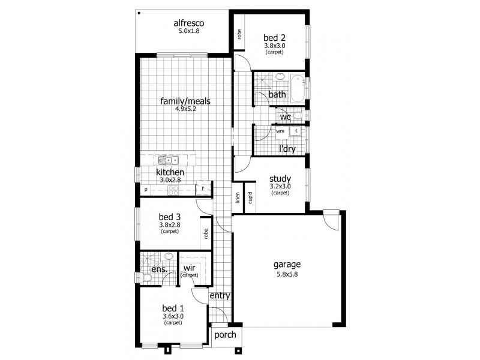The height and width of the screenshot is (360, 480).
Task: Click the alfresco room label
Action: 189,23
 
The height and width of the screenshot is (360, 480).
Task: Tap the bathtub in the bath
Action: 297,88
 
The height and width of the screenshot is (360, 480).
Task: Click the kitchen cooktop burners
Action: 173,190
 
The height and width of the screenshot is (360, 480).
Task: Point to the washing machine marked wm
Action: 280,131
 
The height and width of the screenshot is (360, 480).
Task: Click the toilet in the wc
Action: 297,116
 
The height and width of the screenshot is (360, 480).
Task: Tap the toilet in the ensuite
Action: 146,278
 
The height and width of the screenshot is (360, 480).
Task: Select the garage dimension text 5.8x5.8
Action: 287,274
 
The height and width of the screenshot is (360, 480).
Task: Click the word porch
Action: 226,335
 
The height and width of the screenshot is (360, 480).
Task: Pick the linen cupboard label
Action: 238,198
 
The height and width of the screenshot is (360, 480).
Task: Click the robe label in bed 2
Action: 239,34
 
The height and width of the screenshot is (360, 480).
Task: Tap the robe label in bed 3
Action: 206,234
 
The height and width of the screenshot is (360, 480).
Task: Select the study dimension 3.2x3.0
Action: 280,186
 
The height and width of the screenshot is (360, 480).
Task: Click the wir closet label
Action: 189,268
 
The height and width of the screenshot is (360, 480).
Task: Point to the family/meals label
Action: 185,101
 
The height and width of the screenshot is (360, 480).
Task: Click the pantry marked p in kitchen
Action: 146,190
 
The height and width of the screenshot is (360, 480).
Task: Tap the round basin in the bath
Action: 279,76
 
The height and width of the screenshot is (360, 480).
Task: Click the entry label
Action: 220,296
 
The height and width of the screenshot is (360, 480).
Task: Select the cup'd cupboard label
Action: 250,198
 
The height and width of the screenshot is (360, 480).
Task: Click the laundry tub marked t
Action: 296,131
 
